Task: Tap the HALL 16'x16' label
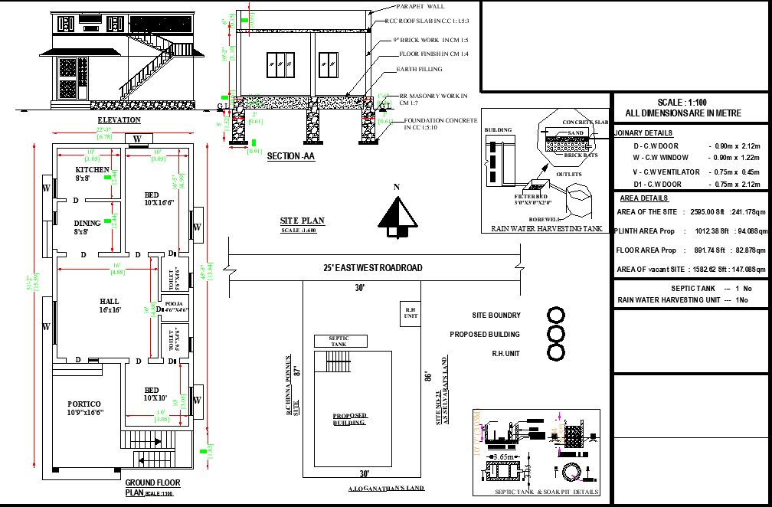coord(109,306)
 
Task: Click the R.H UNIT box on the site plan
coord(410,312)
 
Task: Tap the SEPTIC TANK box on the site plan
coord(338,341)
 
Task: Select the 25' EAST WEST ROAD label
coord(373,268)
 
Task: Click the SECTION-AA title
coord(290,156)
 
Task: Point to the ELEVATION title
coord(119,120)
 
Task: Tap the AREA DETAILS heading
coord(643,198)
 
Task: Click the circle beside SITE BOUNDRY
coord(556,316)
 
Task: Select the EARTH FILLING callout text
coord(419,70)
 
